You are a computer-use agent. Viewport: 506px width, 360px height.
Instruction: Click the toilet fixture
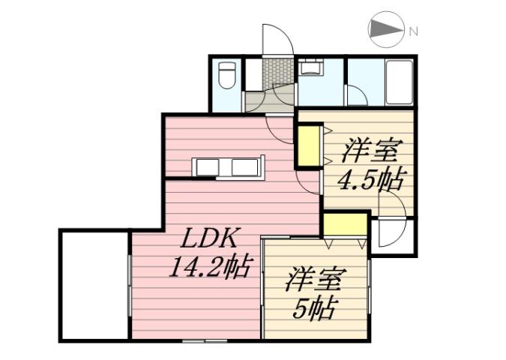point(227,75)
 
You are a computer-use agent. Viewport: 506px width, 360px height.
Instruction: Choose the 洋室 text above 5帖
point(314,280)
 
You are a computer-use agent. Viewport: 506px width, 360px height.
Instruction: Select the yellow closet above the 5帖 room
point(345,224)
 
